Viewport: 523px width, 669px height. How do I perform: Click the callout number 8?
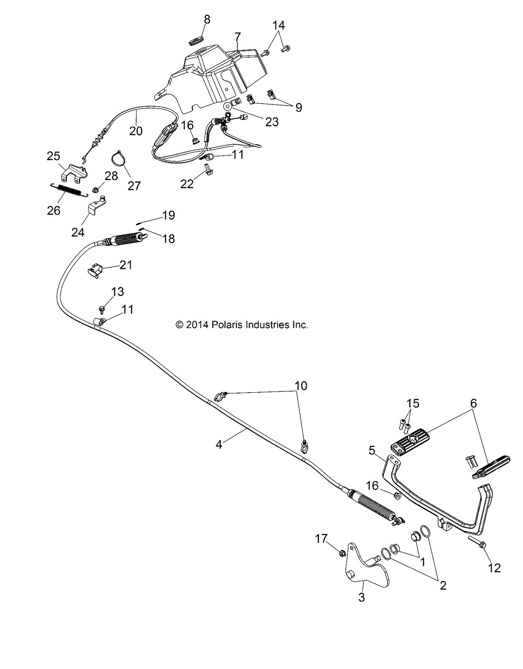(x=207, y=20)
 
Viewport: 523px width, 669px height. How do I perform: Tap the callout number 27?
(x=134, y=185)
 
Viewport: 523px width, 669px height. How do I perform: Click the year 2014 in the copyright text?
(x=196, y=325)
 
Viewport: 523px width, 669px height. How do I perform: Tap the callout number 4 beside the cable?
(x=219, y=445)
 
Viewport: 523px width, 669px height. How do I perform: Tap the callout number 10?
(x=301, y=385)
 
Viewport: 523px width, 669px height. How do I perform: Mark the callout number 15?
(x=413, y=403)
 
